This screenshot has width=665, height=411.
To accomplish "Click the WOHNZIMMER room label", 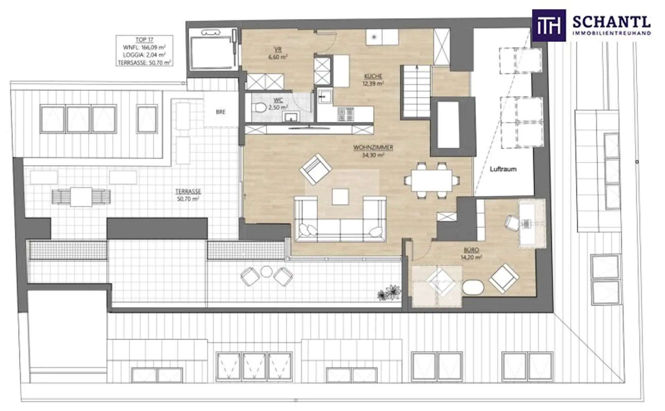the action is coord(373,147).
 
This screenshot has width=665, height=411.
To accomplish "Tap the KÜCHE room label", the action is coord(373,76).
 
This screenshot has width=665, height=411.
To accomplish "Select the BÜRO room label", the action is coord(471,250).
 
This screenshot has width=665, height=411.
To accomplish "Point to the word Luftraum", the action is coord(503,169).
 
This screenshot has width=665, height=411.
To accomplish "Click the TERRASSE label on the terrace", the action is coord(188,191).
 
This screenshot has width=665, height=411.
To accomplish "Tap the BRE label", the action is coord(221,112).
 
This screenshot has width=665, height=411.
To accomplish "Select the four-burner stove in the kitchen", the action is coord(346,114).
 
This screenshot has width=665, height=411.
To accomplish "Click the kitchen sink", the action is coord(325,97).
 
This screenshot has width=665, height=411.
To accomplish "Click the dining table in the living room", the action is coord(432,180).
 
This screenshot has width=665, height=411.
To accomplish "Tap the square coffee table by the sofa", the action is coord(340,197).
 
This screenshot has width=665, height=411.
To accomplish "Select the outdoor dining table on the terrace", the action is coord(81,197).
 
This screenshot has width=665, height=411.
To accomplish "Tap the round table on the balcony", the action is coord(266,272).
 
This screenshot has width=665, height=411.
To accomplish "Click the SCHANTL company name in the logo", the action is coord(612,22).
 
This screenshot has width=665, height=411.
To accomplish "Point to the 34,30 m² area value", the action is coord(373,155).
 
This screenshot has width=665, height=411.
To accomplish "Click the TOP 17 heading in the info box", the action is coord(144,40).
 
